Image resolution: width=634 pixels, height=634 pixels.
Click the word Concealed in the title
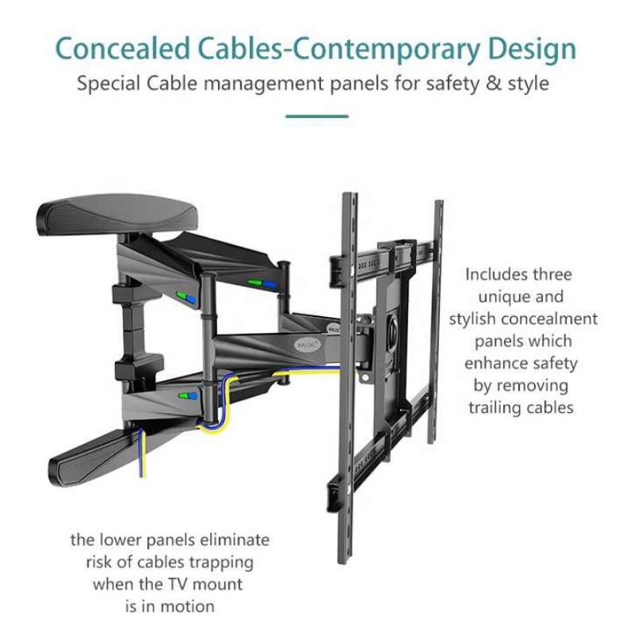point(123,48)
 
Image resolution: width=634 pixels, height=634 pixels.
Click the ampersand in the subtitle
point(492,83)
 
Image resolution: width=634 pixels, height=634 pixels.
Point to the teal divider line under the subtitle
point(316,116)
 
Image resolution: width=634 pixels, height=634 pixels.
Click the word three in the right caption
point(552,274)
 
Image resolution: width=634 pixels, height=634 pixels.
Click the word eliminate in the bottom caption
point(235,540)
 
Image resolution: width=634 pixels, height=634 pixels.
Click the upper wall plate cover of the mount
point(117,213)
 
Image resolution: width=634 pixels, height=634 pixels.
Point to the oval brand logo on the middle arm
point(308,345)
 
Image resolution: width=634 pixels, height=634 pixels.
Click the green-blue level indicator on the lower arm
point(189,395)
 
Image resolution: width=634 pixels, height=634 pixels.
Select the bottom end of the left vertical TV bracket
point(342,561)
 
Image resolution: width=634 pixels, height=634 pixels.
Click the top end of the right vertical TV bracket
point(439,201)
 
